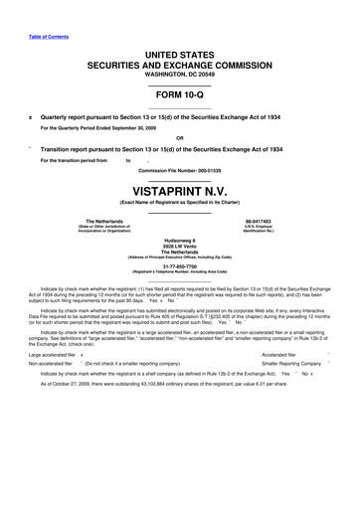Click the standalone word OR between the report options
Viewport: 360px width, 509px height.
(x=179, y=136)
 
